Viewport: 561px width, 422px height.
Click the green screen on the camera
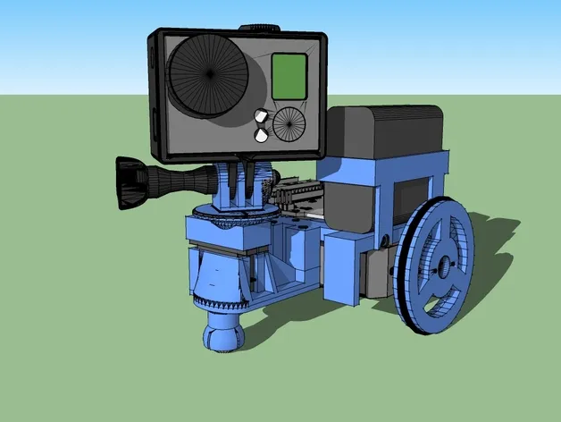click(289, 76)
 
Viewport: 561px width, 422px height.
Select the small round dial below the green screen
click(289, 123)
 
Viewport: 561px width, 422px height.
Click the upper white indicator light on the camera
click(262, 116)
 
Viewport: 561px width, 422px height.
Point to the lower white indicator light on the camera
click(262, 135)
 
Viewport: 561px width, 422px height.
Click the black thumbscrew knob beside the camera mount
click(130, 182)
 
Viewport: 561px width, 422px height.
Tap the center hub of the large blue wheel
click(441, 266)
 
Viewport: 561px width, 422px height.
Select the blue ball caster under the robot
click(221, 333)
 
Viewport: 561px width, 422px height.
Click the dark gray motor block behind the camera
click(384, 134)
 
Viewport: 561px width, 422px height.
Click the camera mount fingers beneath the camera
click(248, 183)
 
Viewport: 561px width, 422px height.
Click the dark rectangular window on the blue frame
click(414, 192)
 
